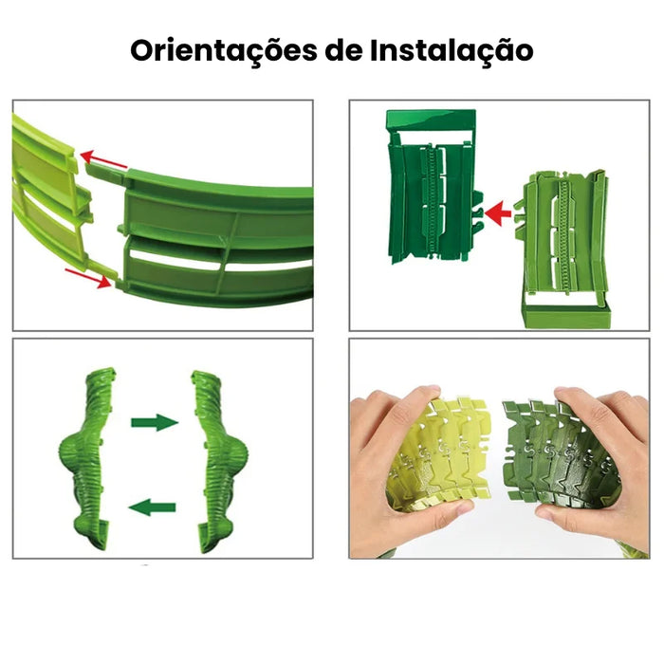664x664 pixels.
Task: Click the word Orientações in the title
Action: pos(224,51)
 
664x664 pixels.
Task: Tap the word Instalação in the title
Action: pos(452,51)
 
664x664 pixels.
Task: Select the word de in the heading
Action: pos(343,50)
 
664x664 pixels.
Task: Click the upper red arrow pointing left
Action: pos(103,158)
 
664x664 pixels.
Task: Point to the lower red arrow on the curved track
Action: pos(89,278)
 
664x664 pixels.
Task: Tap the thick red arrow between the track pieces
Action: pos(498,212)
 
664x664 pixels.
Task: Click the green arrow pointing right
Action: pos(155,422)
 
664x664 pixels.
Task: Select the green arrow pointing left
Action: pos(152,507)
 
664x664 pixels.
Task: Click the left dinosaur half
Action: pos(87,457)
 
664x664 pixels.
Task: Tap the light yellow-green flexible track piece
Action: pos(440,453)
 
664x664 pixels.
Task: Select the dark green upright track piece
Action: pos(434,186)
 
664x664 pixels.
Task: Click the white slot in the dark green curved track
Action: pos(177,258)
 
